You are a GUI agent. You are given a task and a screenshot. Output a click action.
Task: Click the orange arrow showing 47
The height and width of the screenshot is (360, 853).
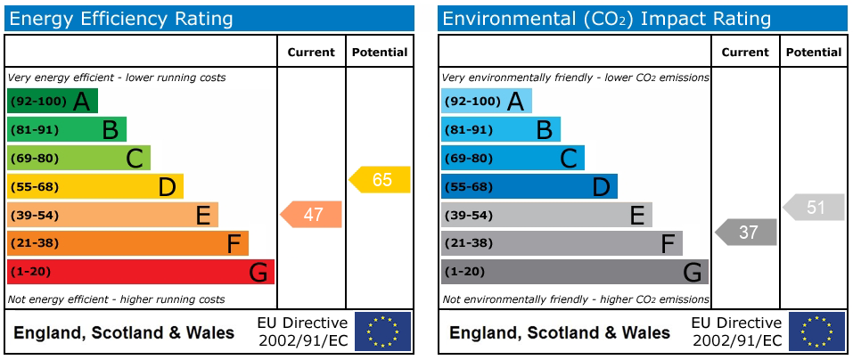(312, 214)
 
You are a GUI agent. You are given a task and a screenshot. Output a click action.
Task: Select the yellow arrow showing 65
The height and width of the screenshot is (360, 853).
(381, 179)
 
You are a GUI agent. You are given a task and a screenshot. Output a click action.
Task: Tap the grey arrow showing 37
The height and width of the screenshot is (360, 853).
(747, 232)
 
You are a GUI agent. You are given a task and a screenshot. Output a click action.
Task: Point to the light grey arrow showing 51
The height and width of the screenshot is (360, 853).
(815, 208)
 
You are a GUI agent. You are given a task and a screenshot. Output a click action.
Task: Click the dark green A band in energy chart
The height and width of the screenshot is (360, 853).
(52, 101)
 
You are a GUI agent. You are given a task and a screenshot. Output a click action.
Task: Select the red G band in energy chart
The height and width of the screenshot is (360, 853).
(140, 272)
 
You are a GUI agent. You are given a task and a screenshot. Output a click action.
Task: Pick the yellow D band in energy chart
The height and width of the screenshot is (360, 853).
(94, 186)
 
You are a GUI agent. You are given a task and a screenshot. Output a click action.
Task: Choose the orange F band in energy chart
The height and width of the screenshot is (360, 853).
(127, 243)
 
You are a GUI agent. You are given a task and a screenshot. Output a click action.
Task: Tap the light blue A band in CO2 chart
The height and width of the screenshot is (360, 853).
(486, 101)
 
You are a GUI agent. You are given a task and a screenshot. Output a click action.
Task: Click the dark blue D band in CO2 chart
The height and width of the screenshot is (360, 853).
(529, 186)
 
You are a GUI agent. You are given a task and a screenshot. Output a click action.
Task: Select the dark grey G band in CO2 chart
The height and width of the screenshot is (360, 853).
(574, 272)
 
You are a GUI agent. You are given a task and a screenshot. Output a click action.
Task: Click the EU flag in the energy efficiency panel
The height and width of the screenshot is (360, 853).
(383, 331)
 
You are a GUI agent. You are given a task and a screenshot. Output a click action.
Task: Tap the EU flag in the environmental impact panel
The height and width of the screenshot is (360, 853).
(816, 331)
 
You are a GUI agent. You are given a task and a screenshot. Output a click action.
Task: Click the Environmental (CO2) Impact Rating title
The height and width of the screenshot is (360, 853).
(606, 19)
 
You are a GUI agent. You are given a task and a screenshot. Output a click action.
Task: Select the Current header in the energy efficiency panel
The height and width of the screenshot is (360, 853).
(311, 53)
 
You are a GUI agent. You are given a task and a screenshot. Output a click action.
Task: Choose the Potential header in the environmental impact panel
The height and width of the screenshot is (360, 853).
(814, 53)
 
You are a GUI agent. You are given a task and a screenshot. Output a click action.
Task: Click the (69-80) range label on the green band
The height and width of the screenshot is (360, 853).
(33, 159)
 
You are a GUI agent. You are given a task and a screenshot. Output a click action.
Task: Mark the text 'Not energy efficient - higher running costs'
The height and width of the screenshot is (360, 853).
(116, 299)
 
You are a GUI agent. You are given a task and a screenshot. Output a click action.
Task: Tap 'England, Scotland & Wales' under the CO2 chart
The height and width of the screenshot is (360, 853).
(559, 333)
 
